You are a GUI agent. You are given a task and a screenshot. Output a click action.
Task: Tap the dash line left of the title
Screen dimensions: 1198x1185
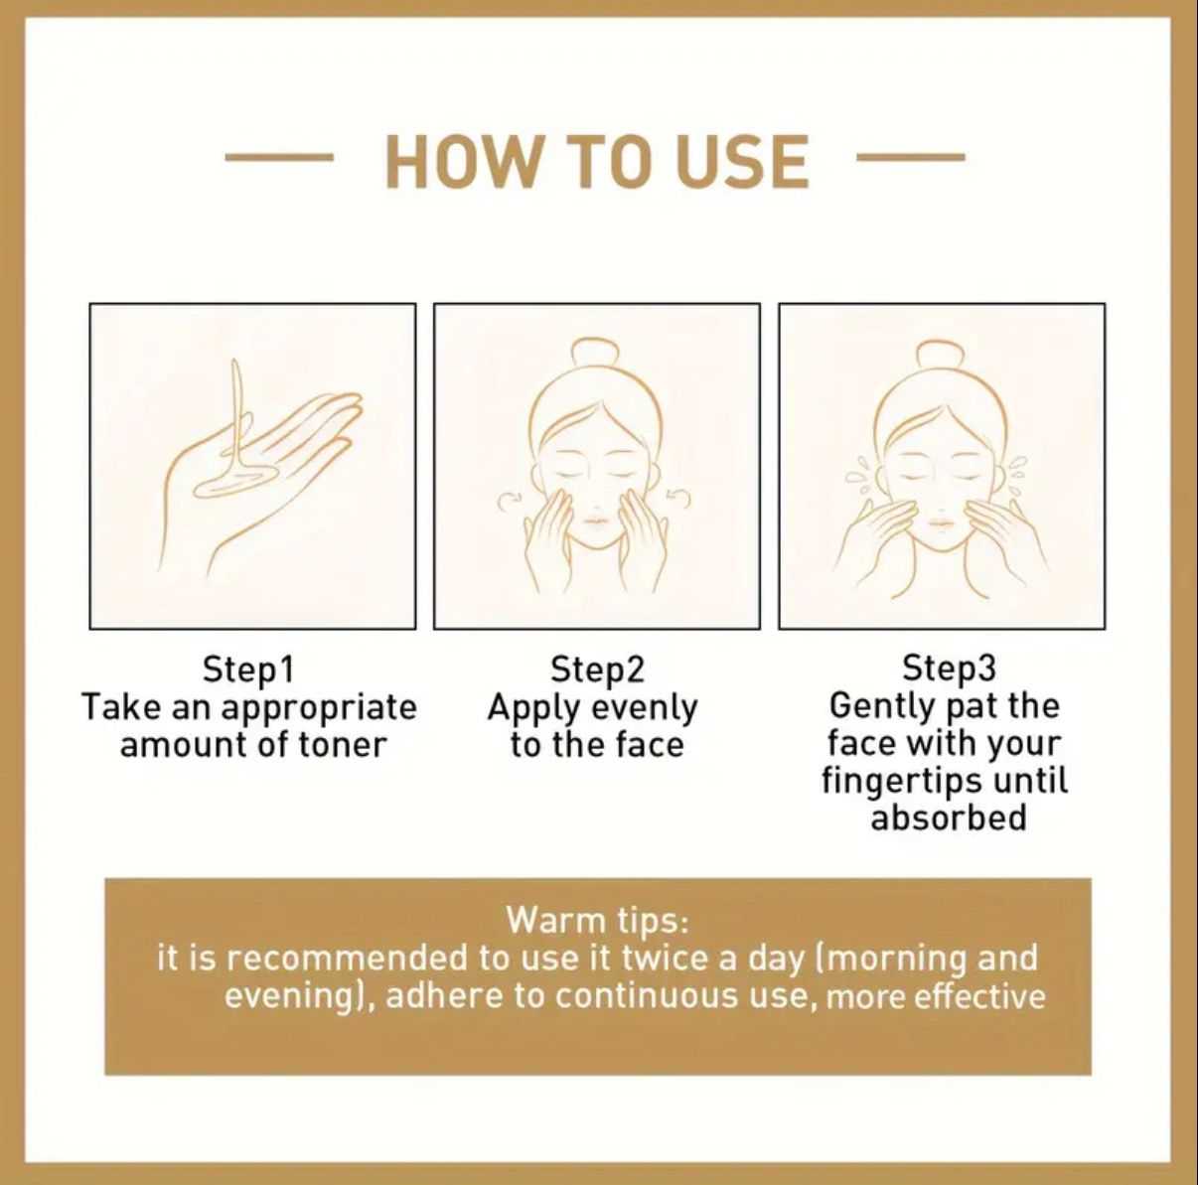(278, 157)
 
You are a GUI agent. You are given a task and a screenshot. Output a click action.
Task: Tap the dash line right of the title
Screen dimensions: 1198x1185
(910, 157)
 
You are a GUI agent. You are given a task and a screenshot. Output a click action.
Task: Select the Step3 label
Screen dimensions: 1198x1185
(949, 668)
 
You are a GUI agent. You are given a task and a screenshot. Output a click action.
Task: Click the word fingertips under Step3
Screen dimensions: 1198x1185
(900, 782)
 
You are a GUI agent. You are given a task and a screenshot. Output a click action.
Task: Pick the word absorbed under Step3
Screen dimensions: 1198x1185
(948, 816)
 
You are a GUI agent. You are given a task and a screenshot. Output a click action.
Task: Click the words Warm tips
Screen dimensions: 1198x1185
(597, 922)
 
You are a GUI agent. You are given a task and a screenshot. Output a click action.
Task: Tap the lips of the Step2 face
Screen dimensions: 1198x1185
(596, 519)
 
